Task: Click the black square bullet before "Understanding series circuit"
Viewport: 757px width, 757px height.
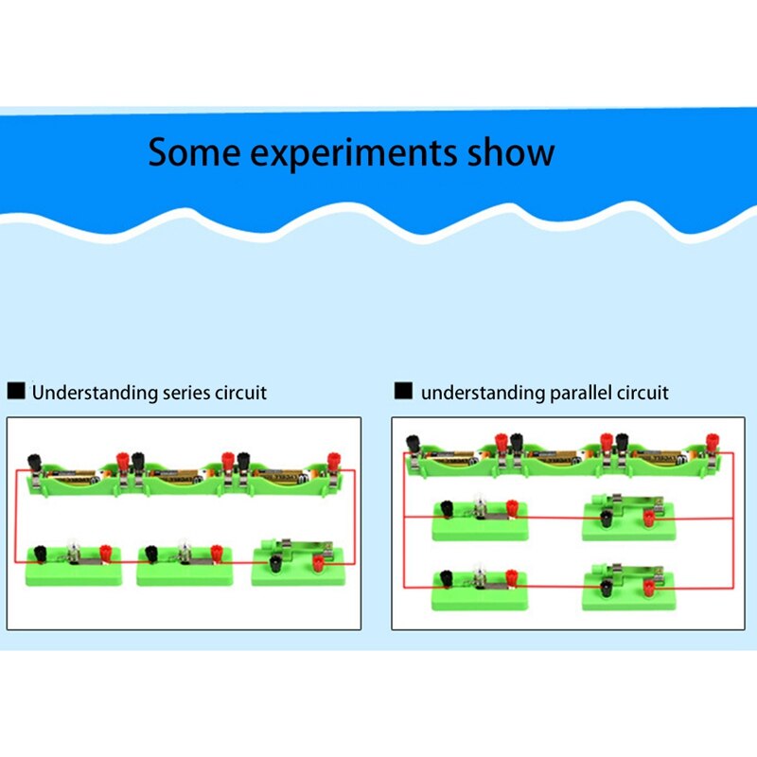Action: (x=16, y=391)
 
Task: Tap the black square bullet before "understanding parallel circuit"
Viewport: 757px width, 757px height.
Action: (x=404, y=391)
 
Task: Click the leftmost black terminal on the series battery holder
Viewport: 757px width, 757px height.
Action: (x=35, y=461)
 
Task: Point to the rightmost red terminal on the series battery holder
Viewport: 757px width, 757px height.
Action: (x=334, y=461)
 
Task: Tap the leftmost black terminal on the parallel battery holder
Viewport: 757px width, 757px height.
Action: (x=413, y=442)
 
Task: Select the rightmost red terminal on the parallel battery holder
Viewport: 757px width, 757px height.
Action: (x=712, y=442)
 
